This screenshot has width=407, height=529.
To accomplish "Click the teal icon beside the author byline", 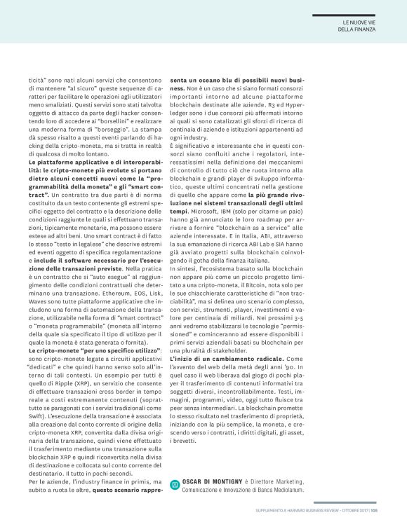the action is (175, 484).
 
